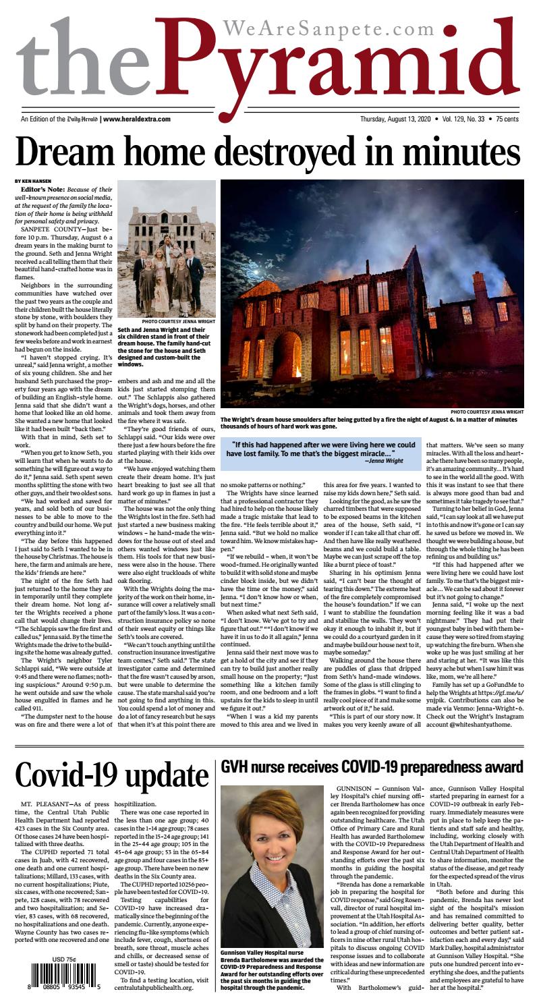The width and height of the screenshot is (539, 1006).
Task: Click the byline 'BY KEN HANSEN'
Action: (x=32, y=181)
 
